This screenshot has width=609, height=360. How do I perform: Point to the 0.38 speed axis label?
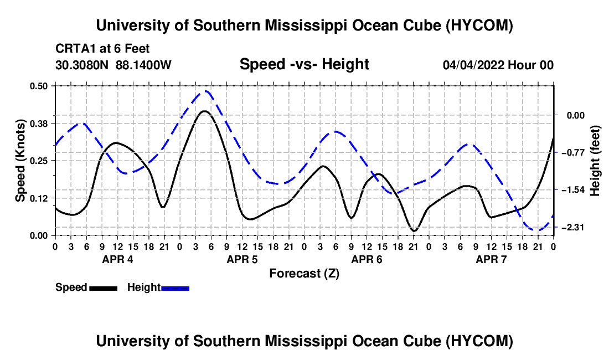coord(39,124)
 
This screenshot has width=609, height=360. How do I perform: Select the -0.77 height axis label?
coord(572,153)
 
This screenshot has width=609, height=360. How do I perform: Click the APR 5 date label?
coord(242,259)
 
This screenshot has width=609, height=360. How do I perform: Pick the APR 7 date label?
coord(491,259)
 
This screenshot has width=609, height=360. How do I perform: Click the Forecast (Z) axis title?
coord(304,274)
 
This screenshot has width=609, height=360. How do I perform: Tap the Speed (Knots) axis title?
coord(20,161)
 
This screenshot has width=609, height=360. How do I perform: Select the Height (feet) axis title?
coord(595,161)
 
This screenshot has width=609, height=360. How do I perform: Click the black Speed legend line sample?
coord(104,288)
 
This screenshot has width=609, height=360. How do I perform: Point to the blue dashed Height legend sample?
coord(175,288)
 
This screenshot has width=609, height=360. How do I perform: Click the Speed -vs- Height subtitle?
coord(304,64)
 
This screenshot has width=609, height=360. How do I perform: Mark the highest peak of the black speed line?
coord(204,111)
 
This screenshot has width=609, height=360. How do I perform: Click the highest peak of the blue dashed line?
coord(206,91)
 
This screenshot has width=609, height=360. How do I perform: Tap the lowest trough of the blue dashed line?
coord(538,230)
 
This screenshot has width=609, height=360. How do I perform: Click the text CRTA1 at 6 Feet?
coord(102,49)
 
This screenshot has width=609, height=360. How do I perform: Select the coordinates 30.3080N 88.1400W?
coord(113,65)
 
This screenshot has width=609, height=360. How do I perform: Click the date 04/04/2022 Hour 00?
coord(498,65)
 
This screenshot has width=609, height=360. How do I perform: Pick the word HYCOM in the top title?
coord(479,25)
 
